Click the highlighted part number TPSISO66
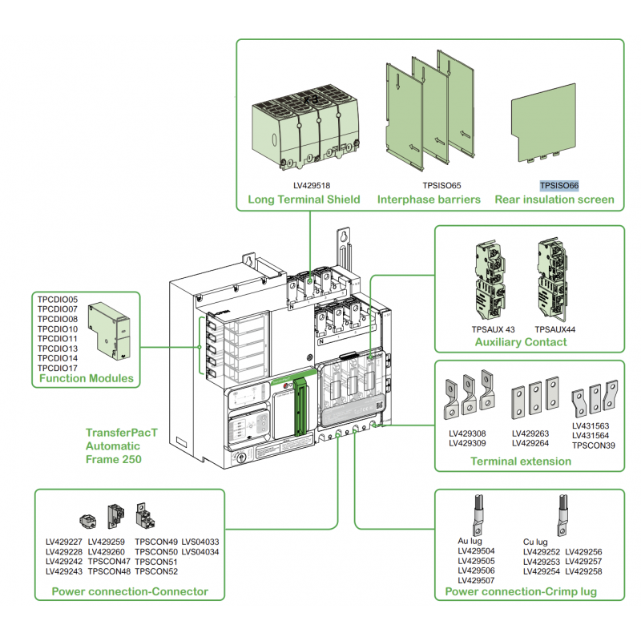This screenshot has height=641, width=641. click(559, 185)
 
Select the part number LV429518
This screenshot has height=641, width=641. click(311, 185)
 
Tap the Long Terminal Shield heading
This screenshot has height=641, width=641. click(304, 200)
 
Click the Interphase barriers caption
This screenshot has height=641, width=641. click(429, 200)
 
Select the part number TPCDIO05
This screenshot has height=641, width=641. click(57, 299)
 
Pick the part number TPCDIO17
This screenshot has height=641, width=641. click(57, 369)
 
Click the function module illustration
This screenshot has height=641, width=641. click(110, 329)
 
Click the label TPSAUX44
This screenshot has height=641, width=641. click(555, 329)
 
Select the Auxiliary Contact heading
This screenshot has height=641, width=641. click(520, 342)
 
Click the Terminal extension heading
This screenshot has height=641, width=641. click(521, 461)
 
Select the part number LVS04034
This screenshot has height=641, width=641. click(200, 551)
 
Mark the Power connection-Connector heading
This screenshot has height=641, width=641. click(130, 591)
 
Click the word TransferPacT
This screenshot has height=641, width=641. click(122, 433)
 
